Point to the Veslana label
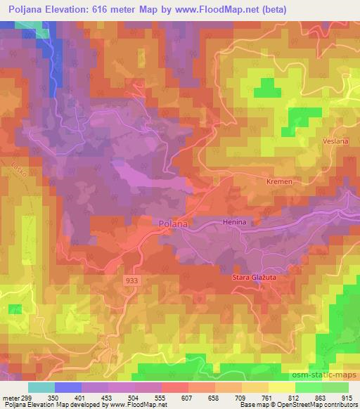335,141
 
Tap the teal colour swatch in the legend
41,388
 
